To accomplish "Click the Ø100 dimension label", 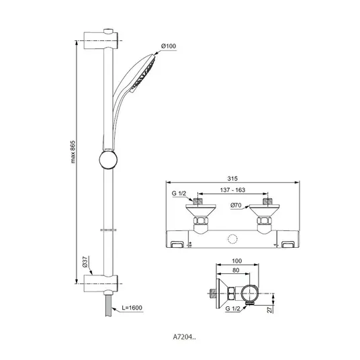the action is (169, 46).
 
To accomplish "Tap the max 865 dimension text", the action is (73, 152).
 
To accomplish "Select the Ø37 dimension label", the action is (85, 262).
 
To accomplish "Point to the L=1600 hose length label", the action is (132, 308).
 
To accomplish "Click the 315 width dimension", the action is (232, 179).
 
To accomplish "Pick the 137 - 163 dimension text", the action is (232, 190).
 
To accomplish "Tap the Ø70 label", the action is (236, 205).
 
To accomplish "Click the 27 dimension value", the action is (271, 309).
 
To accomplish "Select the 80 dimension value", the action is (236, 270).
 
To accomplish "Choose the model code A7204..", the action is (184, 337).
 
